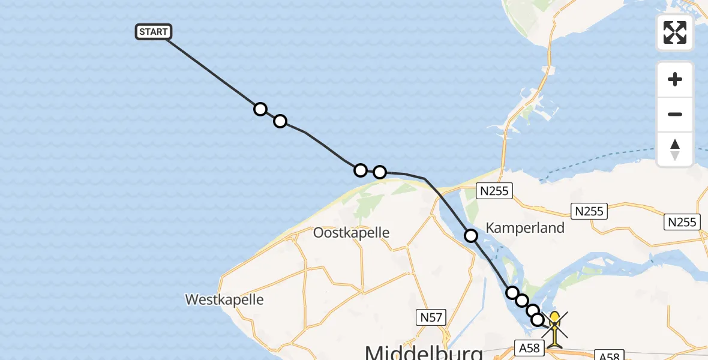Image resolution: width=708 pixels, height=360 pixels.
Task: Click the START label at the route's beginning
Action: (x=154, y=32)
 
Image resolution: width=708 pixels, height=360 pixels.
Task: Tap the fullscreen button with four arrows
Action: (x=675, y=32)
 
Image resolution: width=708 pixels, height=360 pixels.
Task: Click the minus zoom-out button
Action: (x=675, y=115)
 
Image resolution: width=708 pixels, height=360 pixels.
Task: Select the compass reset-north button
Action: (x=675, y=149)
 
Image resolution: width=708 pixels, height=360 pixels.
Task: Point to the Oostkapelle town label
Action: (x=352, y=233)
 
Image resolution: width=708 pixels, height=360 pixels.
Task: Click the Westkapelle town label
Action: (x=224, y=299)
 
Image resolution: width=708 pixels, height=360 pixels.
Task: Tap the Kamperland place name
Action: (x=525, y=228)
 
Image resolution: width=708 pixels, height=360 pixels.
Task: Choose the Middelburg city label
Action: (x=424, y=351)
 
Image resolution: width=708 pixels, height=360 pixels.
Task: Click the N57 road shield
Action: (x=432, y=316)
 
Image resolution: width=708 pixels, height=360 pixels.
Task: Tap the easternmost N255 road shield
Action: (x=683, y=222)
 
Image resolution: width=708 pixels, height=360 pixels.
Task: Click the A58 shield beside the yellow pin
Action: (x=529, y=347)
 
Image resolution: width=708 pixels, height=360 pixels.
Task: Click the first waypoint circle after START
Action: (x=260, y=109)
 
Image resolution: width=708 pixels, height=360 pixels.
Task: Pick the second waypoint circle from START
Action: (x=280, y=122)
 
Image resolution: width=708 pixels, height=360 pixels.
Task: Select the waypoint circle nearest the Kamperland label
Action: (x=471, y=236)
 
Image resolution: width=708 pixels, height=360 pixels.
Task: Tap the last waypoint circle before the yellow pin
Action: (x=538, y=320)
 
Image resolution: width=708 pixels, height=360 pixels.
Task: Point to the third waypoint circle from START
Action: (x=360, y=170)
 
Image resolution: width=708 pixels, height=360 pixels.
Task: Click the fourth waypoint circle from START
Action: (x=380, y=172)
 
